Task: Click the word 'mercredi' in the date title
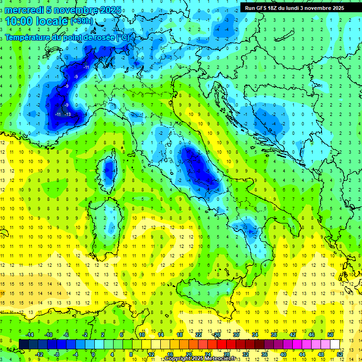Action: (x=24, y=10)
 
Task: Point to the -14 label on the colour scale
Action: (x=29, y=334)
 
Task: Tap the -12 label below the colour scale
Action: (x=39, y=354)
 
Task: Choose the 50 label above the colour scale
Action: (x=330, y=334)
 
